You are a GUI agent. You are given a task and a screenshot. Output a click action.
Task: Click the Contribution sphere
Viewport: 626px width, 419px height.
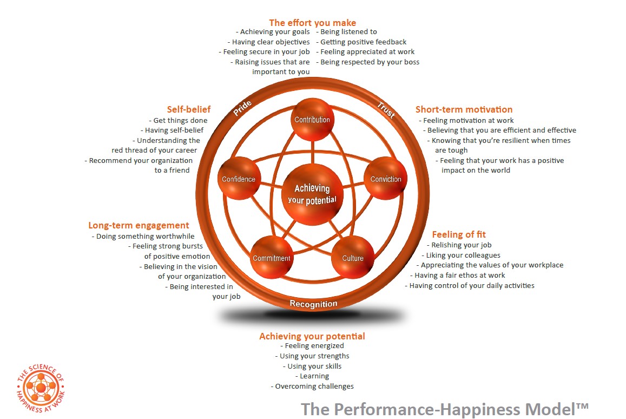[x=312, y=120]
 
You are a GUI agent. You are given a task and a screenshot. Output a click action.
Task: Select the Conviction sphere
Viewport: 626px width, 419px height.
[x=385, y=179]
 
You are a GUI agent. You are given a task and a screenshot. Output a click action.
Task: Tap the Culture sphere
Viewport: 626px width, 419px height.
[x=353, y=258]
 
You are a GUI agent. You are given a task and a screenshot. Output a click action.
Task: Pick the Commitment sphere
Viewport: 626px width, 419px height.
[x=272, y=258]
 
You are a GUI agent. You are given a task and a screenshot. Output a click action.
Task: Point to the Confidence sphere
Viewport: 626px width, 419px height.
[x=239, y=179]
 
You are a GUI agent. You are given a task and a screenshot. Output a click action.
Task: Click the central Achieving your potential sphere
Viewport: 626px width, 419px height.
[x=312, y=194]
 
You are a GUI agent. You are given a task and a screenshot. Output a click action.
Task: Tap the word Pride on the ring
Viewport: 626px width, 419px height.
[x=243, y=108]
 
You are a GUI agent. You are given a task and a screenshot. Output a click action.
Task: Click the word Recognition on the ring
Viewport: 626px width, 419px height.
[x=313, y=304]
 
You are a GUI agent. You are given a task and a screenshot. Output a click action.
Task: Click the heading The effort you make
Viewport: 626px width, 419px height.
[x=312, y=23]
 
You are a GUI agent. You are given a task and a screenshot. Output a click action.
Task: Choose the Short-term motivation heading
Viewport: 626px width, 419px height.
[x=464, y=109]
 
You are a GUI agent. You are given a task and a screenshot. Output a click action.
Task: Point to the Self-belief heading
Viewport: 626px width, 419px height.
[x=188, y=109]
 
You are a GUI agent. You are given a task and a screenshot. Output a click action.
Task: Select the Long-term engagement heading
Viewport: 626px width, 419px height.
[x=139, y=225]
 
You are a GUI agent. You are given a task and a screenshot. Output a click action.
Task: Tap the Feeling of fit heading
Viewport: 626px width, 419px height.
[x=459, y=234]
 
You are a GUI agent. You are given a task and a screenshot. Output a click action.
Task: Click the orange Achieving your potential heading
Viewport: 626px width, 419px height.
[x=312, y=336]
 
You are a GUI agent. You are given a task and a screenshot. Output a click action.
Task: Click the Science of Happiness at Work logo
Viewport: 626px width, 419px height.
[x=41, y=389]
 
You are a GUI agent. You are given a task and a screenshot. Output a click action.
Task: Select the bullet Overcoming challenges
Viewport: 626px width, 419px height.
[x=313, y=386]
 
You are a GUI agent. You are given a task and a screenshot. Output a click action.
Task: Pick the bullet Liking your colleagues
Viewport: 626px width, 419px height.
[x=463, y=255]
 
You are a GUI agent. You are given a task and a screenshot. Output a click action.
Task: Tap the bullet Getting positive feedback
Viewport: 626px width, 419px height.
[x=363, y=42]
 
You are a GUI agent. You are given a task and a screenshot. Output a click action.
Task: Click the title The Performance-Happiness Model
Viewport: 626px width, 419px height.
[x=444, y=408]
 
